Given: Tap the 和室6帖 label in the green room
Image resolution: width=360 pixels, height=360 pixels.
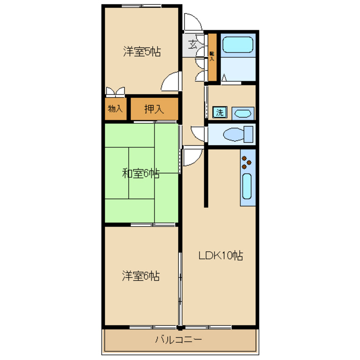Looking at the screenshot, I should (x=141, y=174).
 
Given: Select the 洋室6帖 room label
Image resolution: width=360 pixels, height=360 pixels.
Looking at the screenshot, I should (x=141, y=276).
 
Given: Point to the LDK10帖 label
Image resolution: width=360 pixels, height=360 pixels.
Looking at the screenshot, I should (x=221, y=256).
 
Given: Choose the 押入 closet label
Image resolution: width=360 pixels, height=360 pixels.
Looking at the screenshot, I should (x=154, y=109).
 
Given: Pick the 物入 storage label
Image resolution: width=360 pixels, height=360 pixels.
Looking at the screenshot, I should (x=115, y=109).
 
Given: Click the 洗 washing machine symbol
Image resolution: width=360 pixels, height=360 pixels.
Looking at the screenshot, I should (x=219, y=112).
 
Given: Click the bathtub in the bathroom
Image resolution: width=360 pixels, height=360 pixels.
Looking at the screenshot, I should (x=238, y=45).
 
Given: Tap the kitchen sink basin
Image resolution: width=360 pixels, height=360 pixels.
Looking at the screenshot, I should (x=247, y=186).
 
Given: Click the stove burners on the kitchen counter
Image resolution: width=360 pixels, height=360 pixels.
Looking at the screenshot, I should (x=247, y=162).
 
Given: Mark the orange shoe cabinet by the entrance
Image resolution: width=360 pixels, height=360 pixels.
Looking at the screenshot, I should (x=212, y=57).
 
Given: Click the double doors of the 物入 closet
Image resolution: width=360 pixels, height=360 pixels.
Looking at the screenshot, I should (x=115, y=91).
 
